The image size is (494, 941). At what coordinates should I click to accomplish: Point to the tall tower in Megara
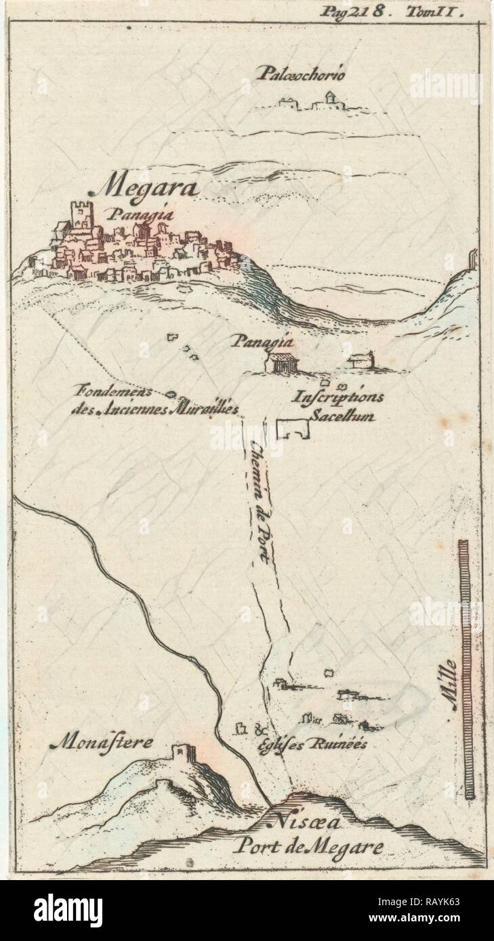pos(81,216)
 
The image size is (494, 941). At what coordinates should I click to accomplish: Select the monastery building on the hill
pos(181,753)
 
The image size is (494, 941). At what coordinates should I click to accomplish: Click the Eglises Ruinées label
pos(312,743)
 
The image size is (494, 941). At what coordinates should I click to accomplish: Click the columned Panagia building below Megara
pos(282,362)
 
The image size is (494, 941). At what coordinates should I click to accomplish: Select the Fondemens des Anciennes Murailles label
pos(155,401)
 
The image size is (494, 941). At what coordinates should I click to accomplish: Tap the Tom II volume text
pos(442,11)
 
